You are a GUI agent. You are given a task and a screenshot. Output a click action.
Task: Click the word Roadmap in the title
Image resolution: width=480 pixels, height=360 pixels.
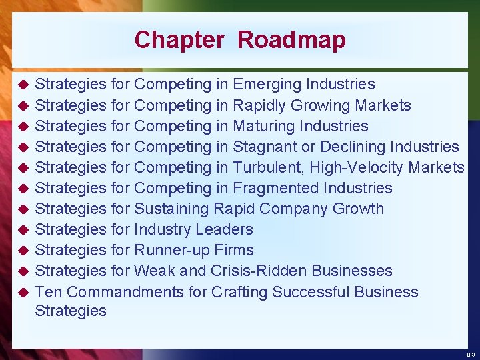(291, 40)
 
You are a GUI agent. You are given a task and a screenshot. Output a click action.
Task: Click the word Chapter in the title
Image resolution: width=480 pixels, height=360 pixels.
(179, 40)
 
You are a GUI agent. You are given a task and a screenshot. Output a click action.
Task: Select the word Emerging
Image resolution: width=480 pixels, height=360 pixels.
(266, 85)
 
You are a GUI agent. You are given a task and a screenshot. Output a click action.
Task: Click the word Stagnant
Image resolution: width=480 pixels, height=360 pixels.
(265, 147)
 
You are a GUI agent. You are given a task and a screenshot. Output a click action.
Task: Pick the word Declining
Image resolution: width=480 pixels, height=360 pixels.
(353, 147)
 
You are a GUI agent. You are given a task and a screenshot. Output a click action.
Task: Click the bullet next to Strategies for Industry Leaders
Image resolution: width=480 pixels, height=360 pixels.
(22, 230)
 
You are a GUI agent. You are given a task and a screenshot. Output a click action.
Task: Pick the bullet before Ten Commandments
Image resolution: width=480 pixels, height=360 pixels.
(22, 293)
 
